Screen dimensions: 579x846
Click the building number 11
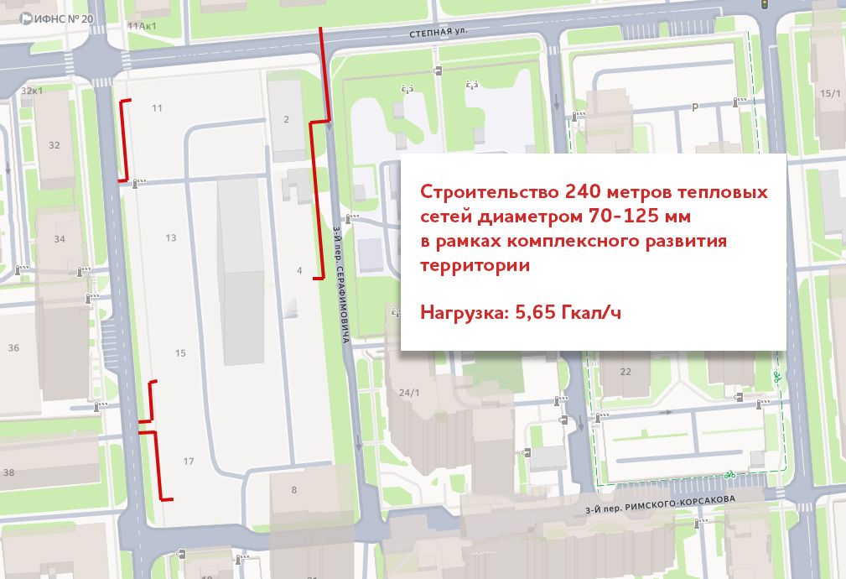coord(157,108)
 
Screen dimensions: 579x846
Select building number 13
coord(171,238)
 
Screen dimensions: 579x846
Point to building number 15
coord(180,353)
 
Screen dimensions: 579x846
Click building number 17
coord(189,462)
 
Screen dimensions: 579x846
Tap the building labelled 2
coord(286,120)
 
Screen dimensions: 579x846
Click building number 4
coord(299,271)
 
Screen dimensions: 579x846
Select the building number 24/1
coord(408,393)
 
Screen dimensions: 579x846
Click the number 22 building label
coord(625,371)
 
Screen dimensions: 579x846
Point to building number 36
coord(13,347)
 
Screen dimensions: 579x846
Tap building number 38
coord(9,472)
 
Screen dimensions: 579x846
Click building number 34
coord(60,239)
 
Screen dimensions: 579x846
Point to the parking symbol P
coord(693,107)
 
